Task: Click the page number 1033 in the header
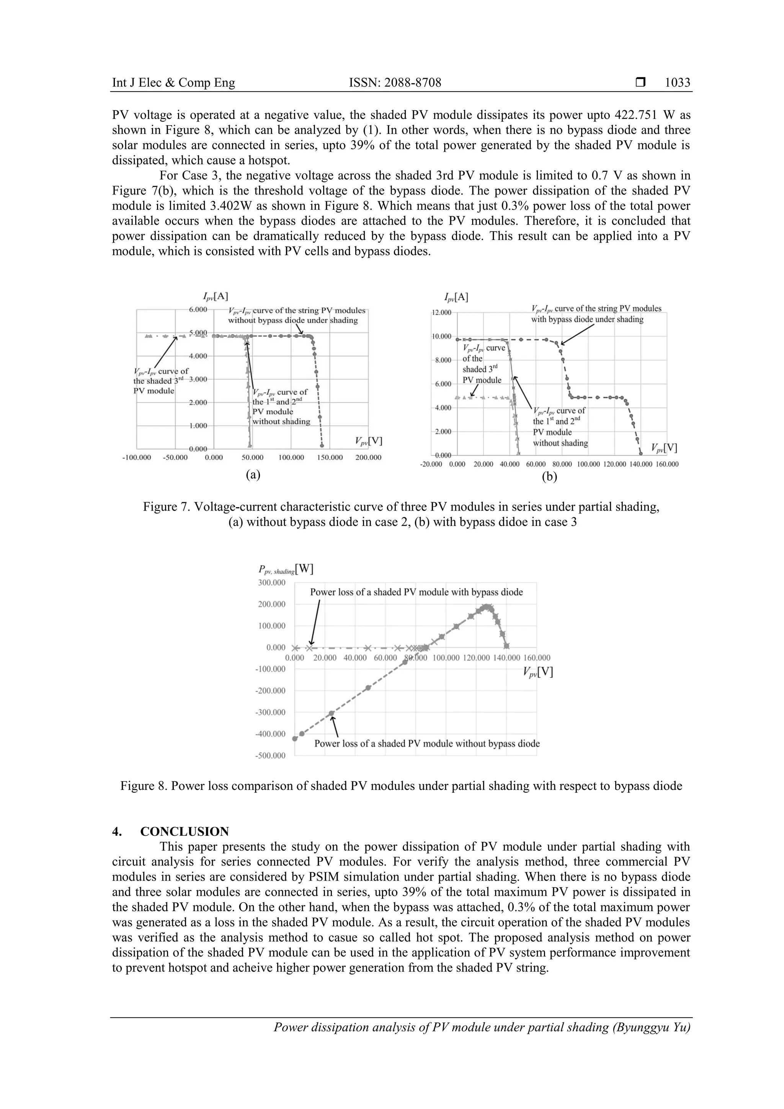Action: tap(677, 83)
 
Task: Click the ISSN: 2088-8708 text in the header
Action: tap(395, 83)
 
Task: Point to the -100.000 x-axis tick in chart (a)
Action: tap(137, 457)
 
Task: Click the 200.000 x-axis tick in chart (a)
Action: tap(368, 457)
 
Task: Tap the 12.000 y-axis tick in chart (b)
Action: tap(441, 313)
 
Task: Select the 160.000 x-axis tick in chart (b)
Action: tap(666, 464)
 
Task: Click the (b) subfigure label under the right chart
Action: tap(549, 477)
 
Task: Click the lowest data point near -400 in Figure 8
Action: tap(295, 738)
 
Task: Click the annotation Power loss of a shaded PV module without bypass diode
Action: tap(426, 743)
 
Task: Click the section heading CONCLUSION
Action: tap(185, 831)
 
